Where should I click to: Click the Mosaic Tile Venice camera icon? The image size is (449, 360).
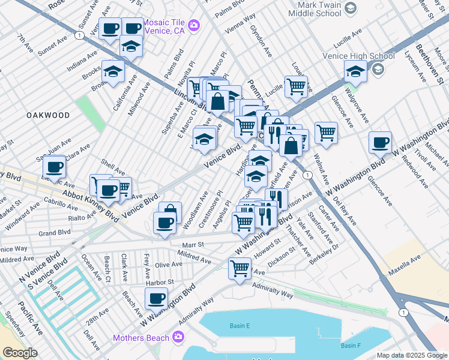194,25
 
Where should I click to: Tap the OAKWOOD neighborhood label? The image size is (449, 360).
47,115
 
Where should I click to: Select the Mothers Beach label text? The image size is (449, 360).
141,338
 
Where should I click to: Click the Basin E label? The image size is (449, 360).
239,326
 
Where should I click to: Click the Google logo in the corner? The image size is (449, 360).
20,352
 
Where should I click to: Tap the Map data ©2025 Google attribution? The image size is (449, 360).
412,355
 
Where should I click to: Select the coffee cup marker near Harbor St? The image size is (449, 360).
157,297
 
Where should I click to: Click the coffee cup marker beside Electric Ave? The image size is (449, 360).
54,166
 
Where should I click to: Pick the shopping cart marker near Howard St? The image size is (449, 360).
240,268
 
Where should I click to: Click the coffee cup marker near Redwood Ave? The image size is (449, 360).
380,142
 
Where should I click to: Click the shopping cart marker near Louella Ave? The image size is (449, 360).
296,85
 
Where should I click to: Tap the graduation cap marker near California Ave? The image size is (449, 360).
113,72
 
